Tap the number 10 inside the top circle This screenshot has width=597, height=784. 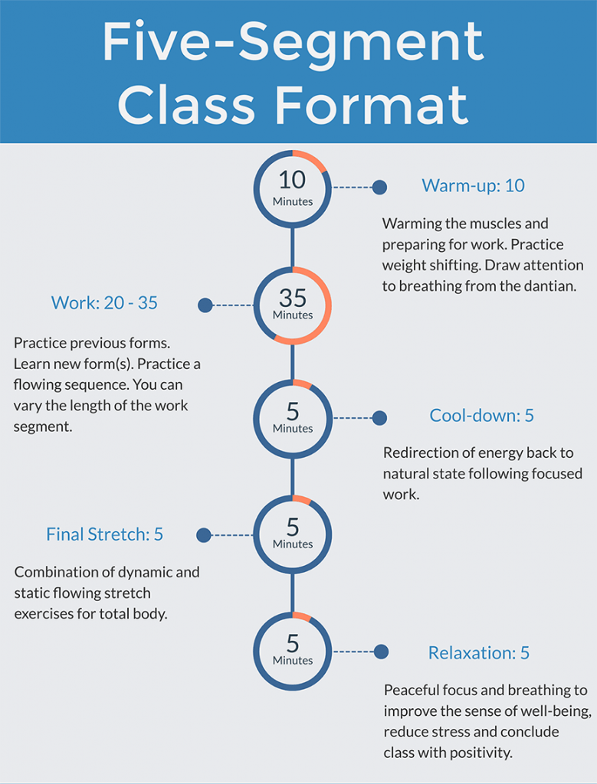click(292, 180)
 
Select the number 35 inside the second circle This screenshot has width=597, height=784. click(292, 296)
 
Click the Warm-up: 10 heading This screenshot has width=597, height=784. click(473, 186)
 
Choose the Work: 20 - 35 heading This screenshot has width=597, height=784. click(104, 303)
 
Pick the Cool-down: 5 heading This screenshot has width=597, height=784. click(481, 416)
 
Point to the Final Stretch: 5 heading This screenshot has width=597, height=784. click(104, 534)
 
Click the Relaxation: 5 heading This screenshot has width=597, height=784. click(478, 653)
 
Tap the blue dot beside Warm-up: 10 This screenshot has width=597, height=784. click(379, 188)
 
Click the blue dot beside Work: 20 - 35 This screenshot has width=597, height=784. click(205, 305)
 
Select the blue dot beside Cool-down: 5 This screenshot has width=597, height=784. click(379, 418)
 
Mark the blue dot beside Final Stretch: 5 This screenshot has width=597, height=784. click(204, 535)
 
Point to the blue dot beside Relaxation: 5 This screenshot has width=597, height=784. click(380, 652)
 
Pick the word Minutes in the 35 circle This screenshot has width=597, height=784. click(293, 315)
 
